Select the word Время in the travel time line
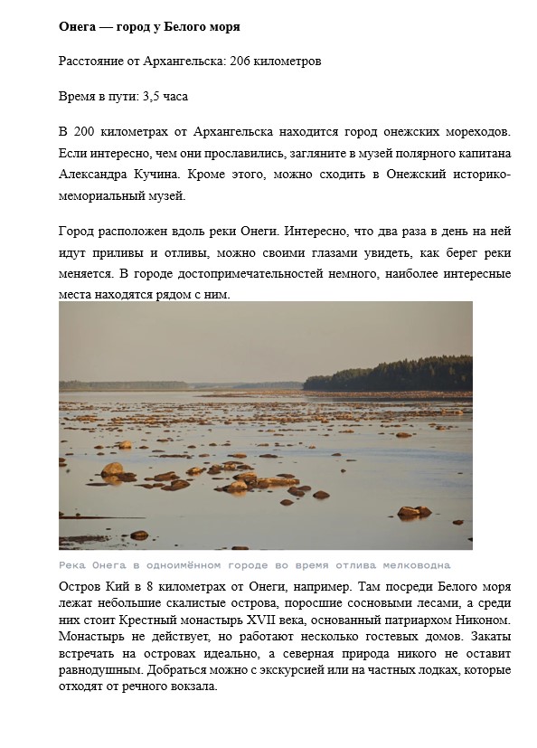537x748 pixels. click(77, 96)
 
